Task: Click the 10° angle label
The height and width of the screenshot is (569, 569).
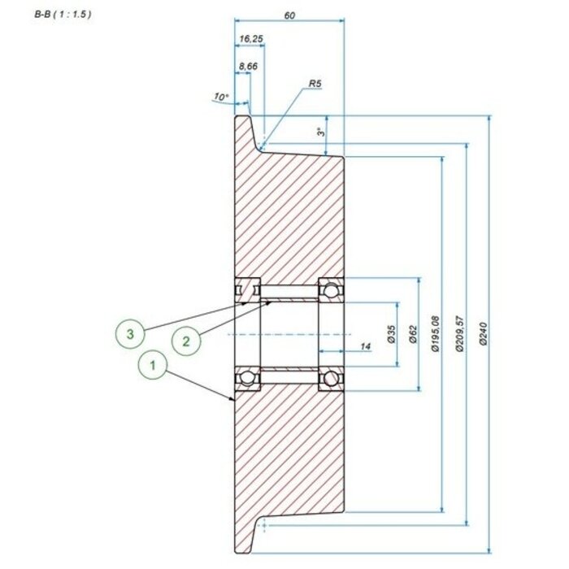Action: click(219, 98)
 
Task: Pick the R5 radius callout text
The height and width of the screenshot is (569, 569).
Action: click(316, 83)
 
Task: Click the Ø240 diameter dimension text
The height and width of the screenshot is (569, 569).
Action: click(484, 334)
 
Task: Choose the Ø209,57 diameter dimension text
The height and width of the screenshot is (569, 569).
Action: click(461, 334)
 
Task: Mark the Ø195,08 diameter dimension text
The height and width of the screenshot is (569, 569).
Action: click(436, 334)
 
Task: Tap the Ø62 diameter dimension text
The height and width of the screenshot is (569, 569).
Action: click(413, 334)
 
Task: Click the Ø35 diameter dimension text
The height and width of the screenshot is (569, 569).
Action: click(392, 334)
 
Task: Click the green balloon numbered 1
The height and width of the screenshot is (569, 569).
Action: click(150, 366)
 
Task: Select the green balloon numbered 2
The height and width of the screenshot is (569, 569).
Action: click(186, 341)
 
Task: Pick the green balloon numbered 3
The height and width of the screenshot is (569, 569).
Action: click(129, 332)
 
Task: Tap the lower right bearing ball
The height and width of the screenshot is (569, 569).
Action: click(330, 379)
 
